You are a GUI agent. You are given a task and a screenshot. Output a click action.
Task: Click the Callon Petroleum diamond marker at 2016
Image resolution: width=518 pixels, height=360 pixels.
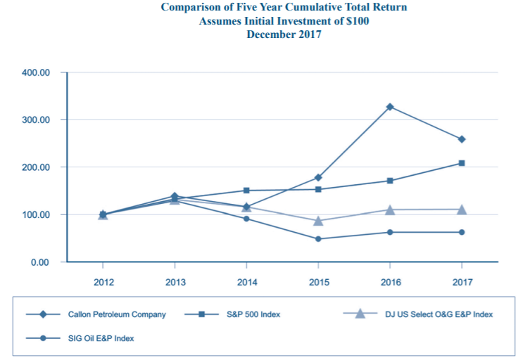389,107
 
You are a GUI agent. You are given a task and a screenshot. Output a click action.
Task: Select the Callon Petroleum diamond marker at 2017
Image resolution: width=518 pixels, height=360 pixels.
462,139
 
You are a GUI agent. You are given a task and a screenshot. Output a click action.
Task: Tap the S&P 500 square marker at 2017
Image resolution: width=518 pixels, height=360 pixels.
462,163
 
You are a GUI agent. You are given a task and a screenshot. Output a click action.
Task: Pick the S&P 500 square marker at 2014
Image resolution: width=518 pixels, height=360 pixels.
246,191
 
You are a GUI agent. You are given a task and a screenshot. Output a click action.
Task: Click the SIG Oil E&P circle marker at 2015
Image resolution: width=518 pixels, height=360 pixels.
318,239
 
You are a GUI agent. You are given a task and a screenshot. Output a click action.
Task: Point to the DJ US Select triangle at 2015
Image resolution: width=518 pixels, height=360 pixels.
318,221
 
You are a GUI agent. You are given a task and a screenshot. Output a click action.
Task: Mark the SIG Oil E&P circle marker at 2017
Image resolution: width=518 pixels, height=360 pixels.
462,232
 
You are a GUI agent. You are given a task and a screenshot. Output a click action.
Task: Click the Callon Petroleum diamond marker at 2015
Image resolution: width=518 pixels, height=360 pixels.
318,177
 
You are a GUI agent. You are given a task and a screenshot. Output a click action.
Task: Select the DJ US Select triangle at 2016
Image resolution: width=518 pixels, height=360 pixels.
389,210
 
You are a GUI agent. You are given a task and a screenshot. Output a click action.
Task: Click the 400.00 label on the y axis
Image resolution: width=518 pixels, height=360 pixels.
37,72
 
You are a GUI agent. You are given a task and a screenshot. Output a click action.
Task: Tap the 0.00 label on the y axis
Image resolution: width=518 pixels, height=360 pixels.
41,262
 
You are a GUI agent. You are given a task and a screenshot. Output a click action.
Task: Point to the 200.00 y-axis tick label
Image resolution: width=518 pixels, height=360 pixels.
37,167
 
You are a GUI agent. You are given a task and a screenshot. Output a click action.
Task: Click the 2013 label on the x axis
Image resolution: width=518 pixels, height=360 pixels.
175,282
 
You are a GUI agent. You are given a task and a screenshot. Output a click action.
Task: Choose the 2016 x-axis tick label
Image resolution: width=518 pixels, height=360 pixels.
389,282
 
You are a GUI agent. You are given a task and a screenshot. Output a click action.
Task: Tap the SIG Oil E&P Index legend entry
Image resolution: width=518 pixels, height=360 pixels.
101,338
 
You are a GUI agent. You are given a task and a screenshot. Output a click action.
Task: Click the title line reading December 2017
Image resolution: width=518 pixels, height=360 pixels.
284,34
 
